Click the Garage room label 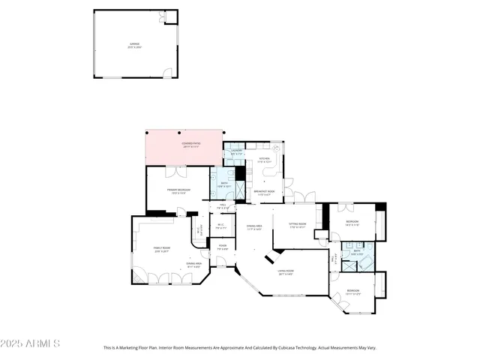tap(134, 45)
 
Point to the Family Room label tap(162, 250)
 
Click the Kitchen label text tap(264, 160)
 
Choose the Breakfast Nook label tap(264, 193)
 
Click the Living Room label tap(286, 272)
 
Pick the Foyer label tap(223, 247)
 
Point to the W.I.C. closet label tap(222, 226)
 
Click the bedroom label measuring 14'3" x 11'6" tap(352, 223)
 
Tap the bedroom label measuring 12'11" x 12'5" tap(352, 292)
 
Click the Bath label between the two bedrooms tap(357, 253)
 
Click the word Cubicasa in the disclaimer tap(298, 348)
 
